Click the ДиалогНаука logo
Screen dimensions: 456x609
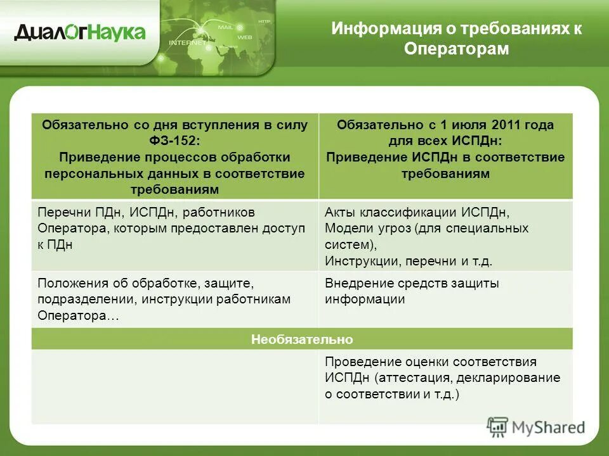pos(80,32)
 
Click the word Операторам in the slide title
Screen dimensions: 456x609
pos(457,49)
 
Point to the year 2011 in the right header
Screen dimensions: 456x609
pos(481,125)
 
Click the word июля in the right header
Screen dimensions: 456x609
pos(446,125)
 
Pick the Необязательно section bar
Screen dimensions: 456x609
pos(302,339)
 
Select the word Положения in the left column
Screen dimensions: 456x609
pos(68,283)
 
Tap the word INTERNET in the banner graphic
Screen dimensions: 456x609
pos(187,43)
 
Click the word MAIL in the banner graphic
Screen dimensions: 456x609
pos(225,28)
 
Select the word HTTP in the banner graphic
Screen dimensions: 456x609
pos(264,22)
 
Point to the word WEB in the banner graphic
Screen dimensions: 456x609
pos(244,37)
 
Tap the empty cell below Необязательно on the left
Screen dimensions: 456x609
pos(175,386)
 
